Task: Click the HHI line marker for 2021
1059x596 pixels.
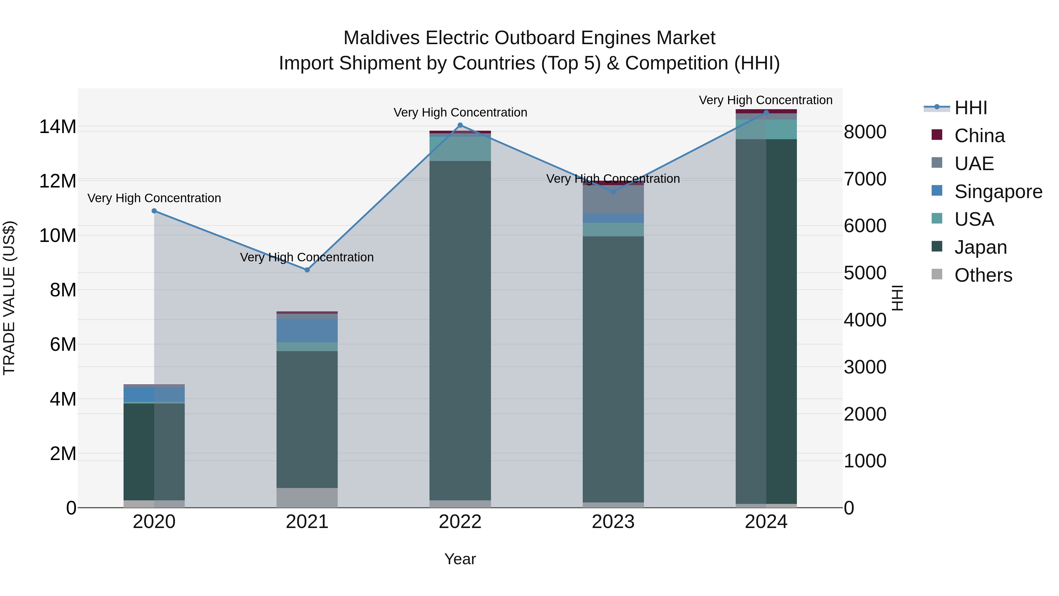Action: [307, 270]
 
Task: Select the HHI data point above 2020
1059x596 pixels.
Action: [154, 211]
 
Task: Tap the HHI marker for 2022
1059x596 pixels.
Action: [460, 125]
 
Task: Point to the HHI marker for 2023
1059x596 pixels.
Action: [613, 192]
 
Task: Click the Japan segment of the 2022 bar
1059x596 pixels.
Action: [460, 329]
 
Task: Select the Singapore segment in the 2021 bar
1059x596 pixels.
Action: [307, 330]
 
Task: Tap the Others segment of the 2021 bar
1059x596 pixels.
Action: [307, 497]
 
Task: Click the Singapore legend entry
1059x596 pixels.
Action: [998, 192]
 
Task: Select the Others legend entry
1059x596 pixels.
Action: [983, 275]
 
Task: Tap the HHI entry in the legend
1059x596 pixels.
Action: [970, 108]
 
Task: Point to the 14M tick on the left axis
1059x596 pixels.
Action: [58, 127]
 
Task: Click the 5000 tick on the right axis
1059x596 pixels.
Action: [865, 273]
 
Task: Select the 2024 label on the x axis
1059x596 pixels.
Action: [766, 522]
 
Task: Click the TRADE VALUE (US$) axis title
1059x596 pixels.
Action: [9, 298]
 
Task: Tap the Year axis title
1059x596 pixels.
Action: [460, 559]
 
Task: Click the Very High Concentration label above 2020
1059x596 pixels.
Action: [154, 198]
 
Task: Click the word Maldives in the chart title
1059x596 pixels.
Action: [382, 38]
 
